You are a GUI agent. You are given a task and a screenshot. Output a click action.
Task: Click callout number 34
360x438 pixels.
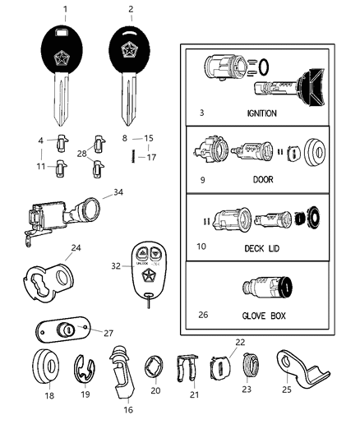click(118, 193)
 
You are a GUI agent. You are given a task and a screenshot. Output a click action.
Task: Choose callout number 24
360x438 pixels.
click(76, 247)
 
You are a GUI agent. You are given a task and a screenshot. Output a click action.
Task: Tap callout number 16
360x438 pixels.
click(127, 408)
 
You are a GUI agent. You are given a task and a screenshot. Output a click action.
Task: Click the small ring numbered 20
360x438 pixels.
click(155, 367)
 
